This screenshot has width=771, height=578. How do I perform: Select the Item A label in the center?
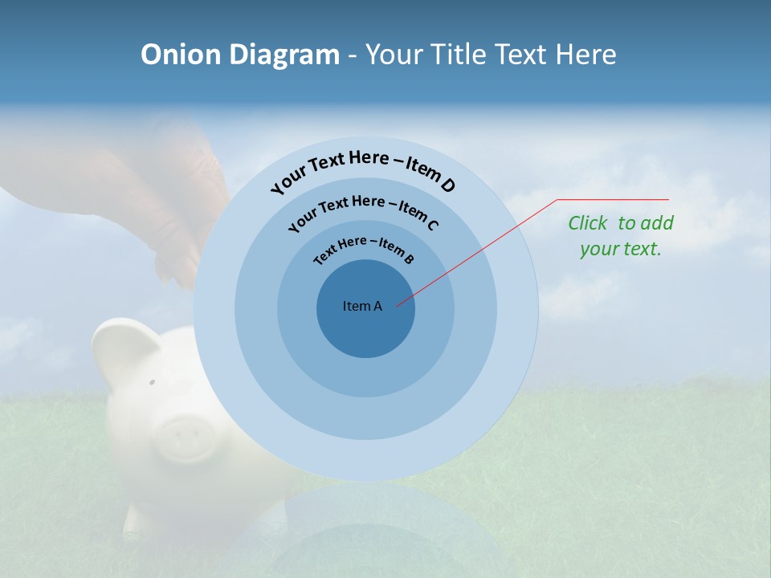[362, 306]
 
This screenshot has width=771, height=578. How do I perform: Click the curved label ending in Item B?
[364, 249]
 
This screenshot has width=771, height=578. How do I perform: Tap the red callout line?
[482, 249]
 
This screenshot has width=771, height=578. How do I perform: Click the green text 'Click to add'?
[621, 223]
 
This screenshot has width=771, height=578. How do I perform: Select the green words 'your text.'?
[620, 249]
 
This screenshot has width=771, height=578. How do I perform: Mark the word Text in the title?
[519, 55]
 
